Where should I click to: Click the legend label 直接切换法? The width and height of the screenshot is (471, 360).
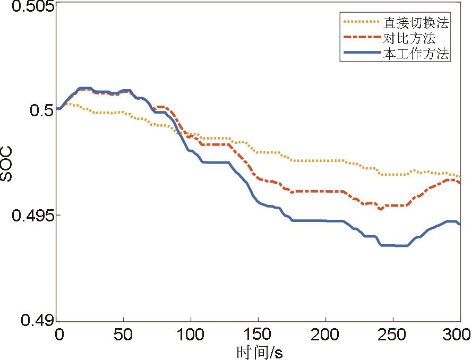(x=416, y=23)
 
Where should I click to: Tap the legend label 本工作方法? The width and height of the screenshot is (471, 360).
(x=416, y=53)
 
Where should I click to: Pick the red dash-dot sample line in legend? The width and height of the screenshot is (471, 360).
(x=361, y=38)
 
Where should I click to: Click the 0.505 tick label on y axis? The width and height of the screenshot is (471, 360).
(x=28, y=7)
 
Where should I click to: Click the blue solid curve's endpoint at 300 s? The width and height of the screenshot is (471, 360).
(x=459, y=224)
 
